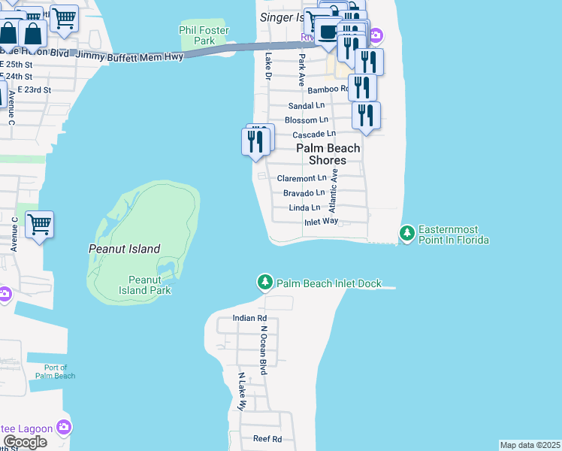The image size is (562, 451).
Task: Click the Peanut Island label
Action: pyautogui.click(x=125, y=249)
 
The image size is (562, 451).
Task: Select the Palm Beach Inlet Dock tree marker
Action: pyautogui.click(x=264, y=283)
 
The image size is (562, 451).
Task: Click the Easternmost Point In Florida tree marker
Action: pyautogui.click(x=406, y=234)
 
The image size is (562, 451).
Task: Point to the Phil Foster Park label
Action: pyautogui.click(x=202, y=35)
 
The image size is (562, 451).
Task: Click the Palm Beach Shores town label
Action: pyautogui.click(x=328, y=154)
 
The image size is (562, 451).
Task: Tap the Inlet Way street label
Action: pyautogui.click(x=321, y=222)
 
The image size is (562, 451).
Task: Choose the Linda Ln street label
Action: pyautogui.click(x=304, y=207)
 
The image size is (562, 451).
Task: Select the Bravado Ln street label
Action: pyautogui.click(x=304, y=193)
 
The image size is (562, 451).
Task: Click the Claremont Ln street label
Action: pyautogui.click(x=302, y=179)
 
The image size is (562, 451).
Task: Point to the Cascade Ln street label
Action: pyautogui.click(x=313, y=134)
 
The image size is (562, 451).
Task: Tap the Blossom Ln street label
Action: pyautogui.click(x=306, y=120)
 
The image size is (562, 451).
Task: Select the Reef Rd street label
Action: pyautogui.click(x=267, y=439)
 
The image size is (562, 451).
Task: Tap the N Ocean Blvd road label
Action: pyautogui.click(x=264, y=350)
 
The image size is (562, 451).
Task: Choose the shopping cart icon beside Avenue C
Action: pyautogui.click(x=39, y=224)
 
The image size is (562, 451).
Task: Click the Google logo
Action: pyautogui.click(x=24, y=442)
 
